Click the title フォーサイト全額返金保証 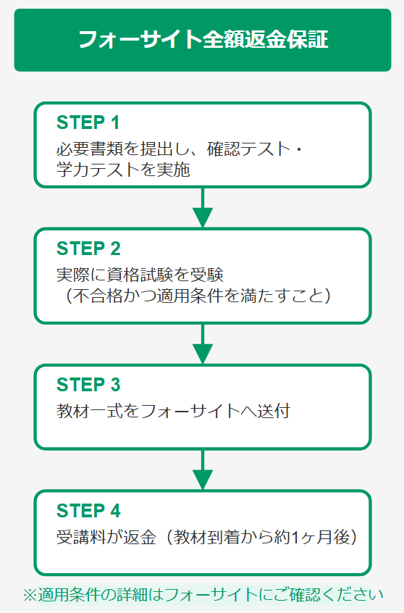[203, 39]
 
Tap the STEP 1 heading [88, 122]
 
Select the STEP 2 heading [89, 249]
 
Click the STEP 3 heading [89, 385]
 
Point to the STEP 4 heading [89, 511]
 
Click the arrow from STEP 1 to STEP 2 [203, 207]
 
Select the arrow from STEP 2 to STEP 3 [203, 344]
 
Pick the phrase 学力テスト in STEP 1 [98, 170]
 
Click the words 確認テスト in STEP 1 [248, 149]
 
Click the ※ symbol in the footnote [30, 595]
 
